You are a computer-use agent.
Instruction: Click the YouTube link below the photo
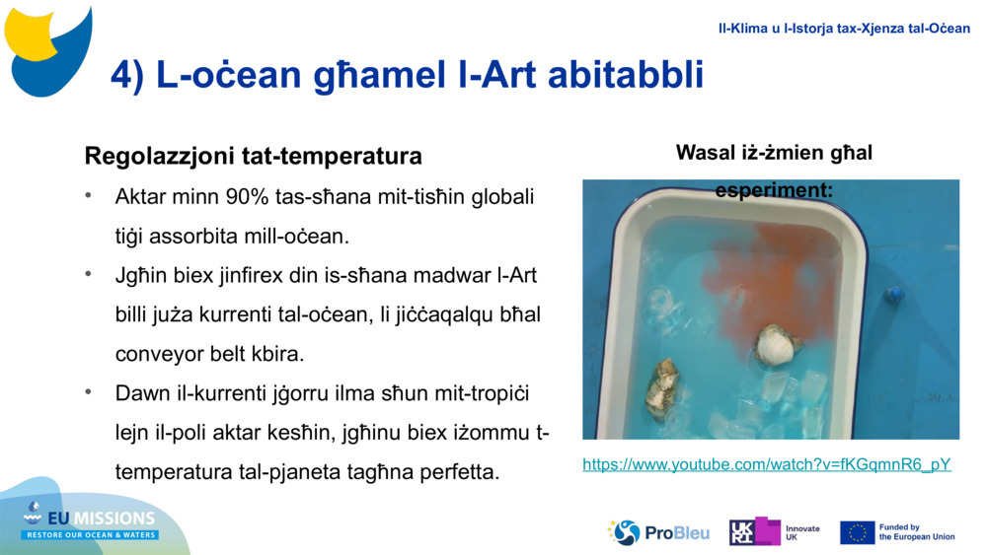pyautogui.click(x=767, y=464)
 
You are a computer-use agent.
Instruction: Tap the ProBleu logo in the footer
pyautogui.click(x=659, y=532)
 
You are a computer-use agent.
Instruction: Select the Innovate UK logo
pyautogui.click(x=774, y=532)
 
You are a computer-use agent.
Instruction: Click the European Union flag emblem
pyautogui.click(x=857, y=532)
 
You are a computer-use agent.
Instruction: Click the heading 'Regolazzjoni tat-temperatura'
pyautogui.click(x=254, y=156)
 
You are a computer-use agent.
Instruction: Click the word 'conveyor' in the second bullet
pyautogui.click(x=159, y=353)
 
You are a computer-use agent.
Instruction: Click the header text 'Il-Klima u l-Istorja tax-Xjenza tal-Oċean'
pyautogui.click(x=843, y=29)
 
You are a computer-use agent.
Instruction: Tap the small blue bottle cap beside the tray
pyautogui.click(x=894, y=294)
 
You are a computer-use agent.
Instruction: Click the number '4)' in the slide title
pyautogui.click(x=127, y=75)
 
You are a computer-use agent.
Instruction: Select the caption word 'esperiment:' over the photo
pyautogui.click(x=774, y=189)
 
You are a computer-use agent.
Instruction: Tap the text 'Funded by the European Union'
pyautogui.click(x=917, y=532)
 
